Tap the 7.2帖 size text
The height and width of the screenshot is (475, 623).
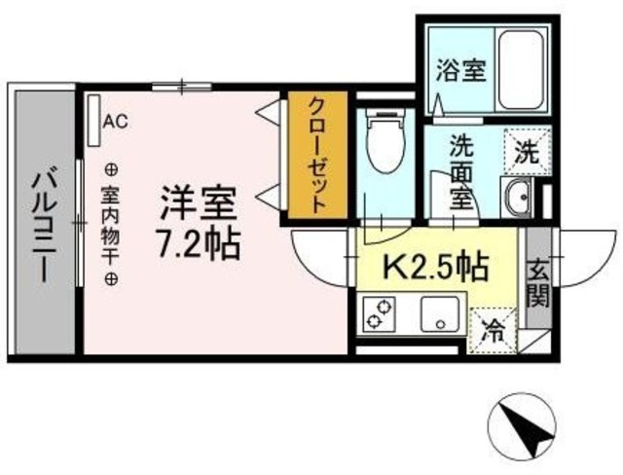pyautogui.click(x=200, y=243)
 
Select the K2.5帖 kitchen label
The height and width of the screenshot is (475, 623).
pyautogui.click(x=435, y=265)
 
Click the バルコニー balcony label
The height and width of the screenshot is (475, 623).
pyautogui.click(x=42, y=226)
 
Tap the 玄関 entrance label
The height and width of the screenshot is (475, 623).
pyautogui.click(x=536, y=280)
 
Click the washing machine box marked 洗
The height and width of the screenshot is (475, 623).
pyautogui.click(x=525, y=152)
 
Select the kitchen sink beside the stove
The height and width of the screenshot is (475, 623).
pyautogui.click(x=438, y=314)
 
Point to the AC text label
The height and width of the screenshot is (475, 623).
pyautogui.click(x=116, y=122)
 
